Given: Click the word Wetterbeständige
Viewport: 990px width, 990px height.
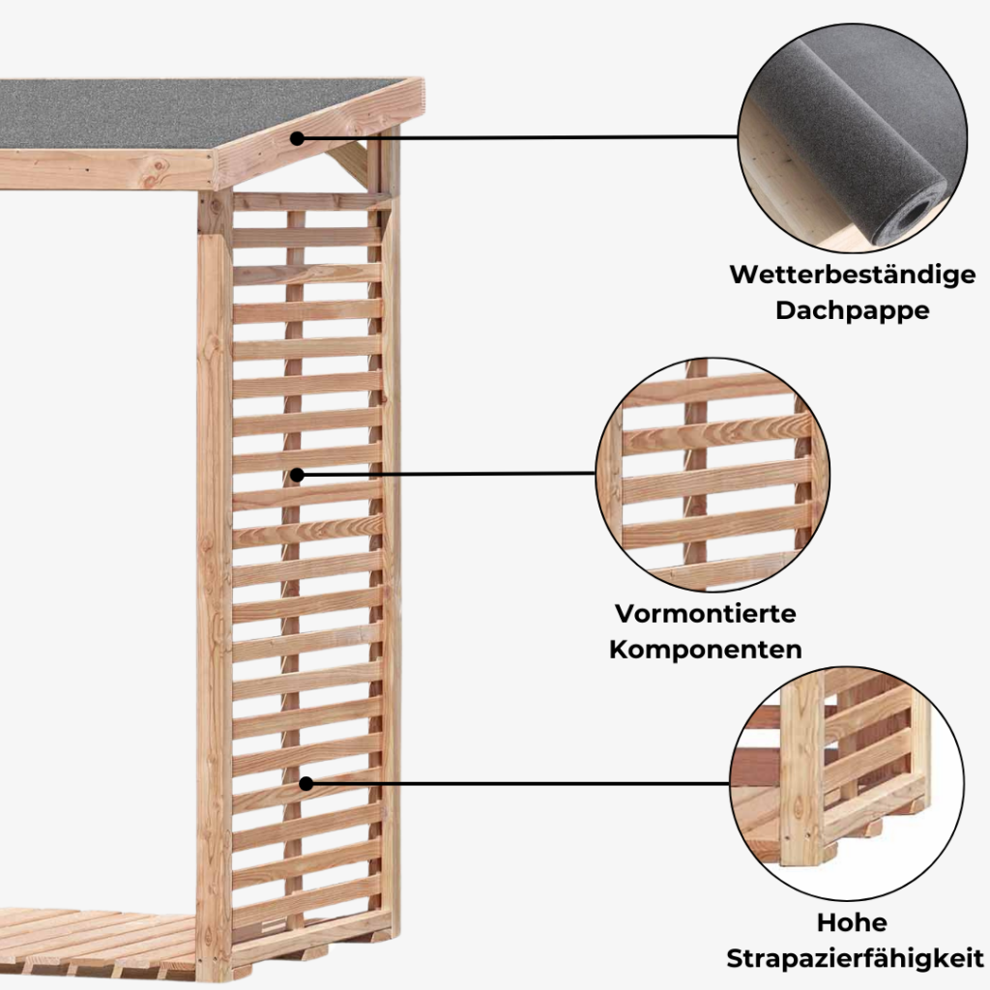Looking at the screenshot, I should (852, 276).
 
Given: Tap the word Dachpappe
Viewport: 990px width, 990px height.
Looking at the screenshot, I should (852, 311).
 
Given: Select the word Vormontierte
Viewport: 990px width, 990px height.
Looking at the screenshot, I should (706, 614).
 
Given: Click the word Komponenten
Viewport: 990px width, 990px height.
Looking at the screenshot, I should (706, 650).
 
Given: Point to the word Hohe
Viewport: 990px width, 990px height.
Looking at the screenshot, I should (851, 922).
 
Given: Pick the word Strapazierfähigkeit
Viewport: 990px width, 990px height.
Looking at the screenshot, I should (855, 958).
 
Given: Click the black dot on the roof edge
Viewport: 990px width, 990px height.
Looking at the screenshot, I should (298, 138).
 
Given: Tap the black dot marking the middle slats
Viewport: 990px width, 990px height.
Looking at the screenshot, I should (298, 475).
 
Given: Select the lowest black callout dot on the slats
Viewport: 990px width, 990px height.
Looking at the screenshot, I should (306, 783).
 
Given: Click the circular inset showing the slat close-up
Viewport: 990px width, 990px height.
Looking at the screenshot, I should (713, 474).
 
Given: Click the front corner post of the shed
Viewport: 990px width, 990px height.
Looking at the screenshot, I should (214, 580).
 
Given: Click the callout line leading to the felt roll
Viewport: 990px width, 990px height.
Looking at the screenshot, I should (522, 137).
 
